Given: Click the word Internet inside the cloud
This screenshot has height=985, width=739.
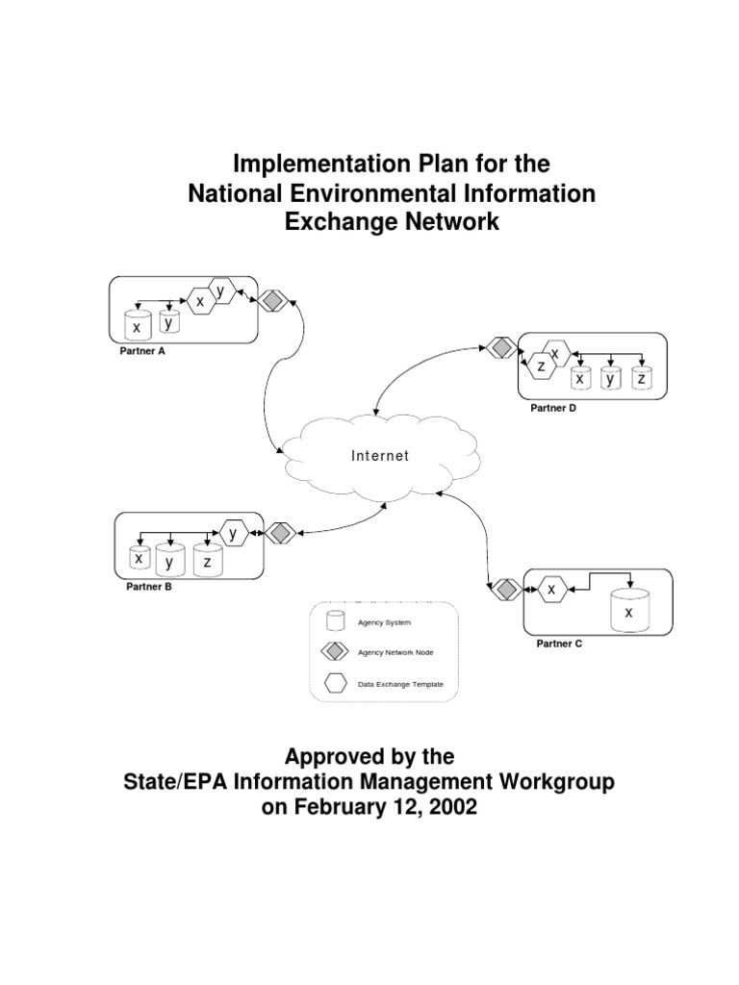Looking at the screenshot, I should tap(380, 456).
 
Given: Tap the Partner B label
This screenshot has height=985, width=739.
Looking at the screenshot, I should tap(149, 586).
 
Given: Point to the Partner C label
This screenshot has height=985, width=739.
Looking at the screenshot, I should tap(559, 644).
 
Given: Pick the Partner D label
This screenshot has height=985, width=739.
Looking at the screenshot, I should tap(553, 408).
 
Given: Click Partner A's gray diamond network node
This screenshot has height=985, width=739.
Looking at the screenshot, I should tap(272, 301).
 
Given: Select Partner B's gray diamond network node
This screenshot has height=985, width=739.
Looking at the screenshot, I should tap(279, 532).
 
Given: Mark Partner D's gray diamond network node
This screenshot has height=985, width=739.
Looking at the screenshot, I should tap(499, 347).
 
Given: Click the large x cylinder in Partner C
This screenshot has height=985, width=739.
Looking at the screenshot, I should tap(629, 610).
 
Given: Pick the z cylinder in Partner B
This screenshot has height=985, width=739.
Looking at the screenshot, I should tap(207, 561).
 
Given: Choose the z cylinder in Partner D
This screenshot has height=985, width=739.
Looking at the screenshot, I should tap(640, 378).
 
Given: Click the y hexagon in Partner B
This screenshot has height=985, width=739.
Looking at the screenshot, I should tap(233, 531).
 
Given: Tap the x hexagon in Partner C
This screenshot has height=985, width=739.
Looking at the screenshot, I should tap(551, 589).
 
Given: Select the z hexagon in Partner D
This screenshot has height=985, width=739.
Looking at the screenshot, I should tap(542, 366).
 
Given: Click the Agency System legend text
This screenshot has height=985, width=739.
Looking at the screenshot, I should tap(384, 623).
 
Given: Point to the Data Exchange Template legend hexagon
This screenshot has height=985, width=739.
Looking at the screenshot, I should tap(335, 684).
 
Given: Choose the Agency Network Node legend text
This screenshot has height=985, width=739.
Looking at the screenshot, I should tap(395, 652).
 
